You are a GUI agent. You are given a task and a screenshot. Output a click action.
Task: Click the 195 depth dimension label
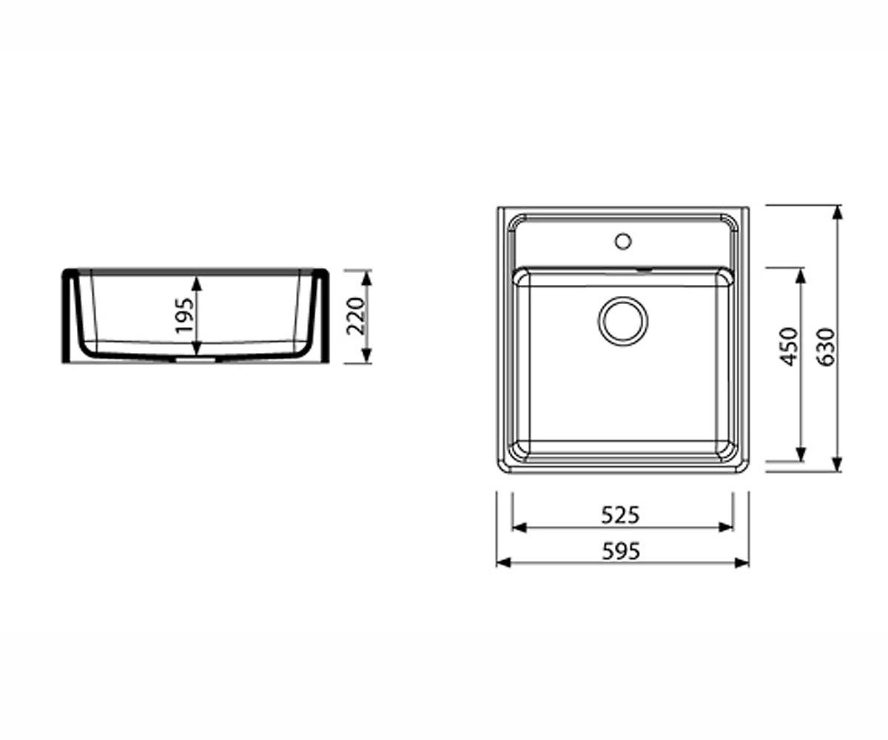(x=184, y=315)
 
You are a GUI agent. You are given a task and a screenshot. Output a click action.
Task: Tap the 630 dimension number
(x=827, y=346)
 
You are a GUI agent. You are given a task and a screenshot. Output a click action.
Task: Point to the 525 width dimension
(x=621, y=516)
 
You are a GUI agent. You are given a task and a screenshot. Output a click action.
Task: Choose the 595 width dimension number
(x=622, y=551)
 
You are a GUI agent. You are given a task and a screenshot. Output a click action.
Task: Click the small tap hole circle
(x=623, y=241)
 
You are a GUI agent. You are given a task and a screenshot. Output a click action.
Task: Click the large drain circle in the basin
(x=623, y=321)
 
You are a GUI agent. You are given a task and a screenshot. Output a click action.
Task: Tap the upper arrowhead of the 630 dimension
(x=837, y=212)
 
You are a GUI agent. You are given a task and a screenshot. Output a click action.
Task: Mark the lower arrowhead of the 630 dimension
(x=837, y=465)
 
